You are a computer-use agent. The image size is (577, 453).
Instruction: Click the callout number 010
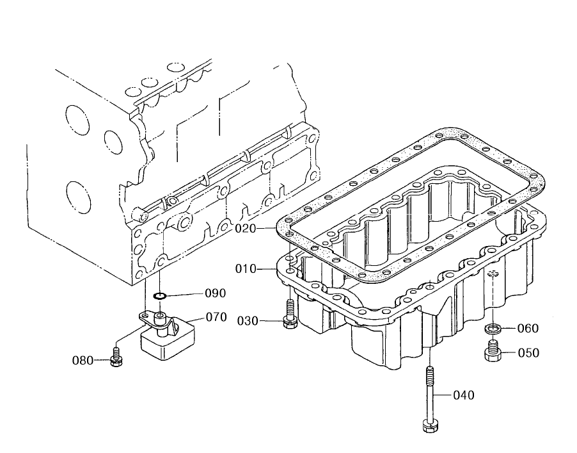246,269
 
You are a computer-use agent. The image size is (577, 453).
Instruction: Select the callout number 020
246,229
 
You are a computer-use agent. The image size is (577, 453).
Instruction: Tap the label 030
248,321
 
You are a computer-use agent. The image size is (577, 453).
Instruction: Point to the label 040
464,395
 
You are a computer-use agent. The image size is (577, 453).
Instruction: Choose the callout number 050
528,353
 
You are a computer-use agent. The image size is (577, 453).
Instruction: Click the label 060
528,328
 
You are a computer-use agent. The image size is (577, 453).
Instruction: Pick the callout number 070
216,317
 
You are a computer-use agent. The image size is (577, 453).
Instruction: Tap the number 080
83,360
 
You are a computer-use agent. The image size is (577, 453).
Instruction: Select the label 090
216,293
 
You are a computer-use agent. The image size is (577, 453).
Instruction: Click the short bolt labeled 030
290,314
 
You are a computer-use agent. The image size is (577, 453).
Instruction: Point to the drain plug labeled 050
493,351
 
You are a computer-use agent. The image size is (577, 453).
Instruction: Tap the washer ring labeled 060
493,328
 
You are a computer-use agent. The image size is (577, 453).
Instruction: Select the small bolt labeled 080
116,357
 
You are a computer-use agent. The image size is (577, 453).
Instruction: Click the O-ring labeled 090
160,295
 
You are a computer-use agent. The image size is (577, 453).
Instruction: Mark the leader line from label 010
267,270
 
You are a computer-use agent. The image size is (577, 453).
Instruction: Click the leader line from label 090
184,295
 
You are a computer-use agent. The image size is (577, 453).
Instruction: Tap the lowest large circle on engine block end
79,198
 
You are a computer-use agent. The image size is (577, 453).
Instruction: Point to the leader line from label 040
442,395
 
